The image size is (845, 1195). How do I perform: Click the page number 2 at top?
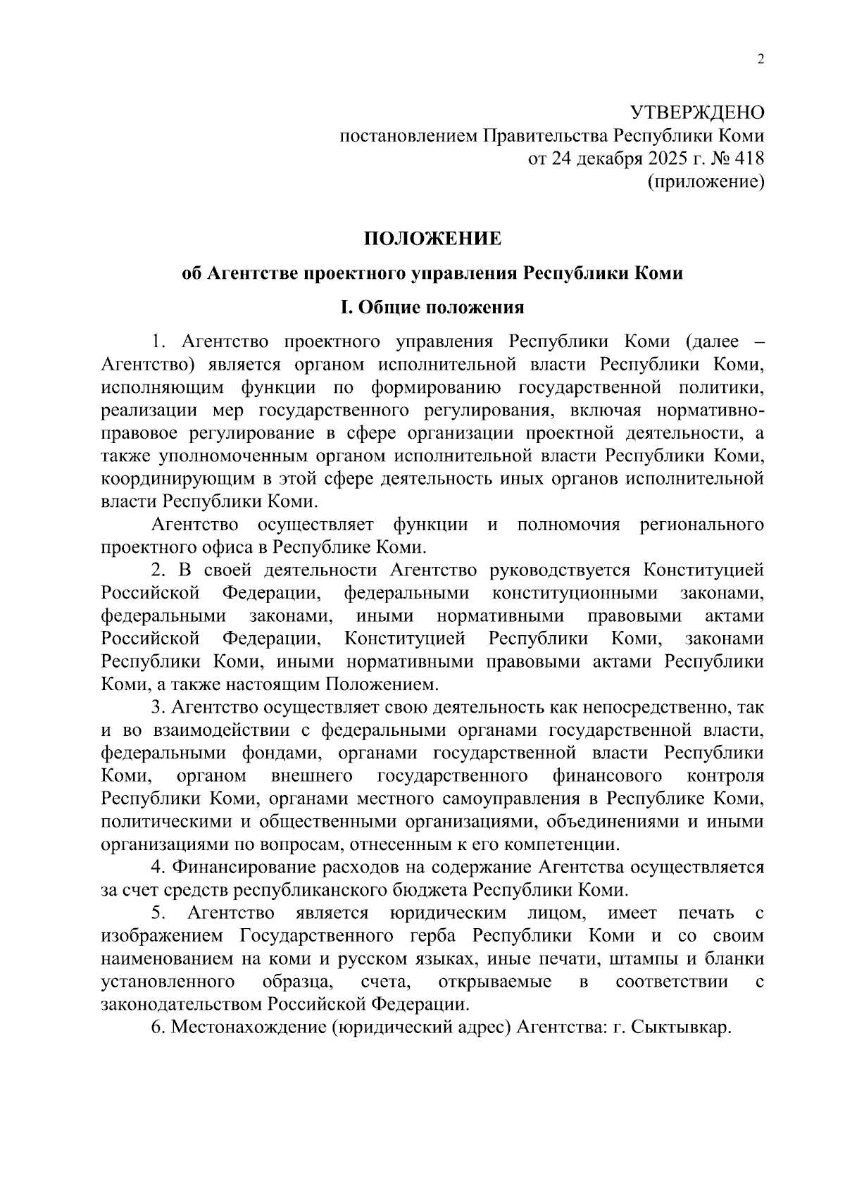coord(760,60)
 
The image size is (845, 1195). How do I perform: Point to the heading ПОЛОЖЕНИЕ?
coord(432,239)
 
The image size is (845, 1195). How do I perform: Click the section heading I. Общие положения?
coord(432,308)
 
